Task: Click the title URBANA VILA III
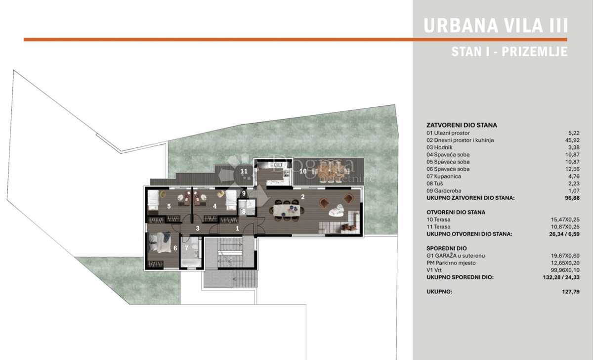tap(496, 26)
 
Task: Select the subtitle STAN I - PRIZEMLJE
tap(509, 51)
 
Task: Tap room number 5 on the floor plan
tap(169, 206)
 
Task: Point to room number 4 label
tap(214, 206)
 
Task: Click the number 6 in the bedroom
tap(175, 248)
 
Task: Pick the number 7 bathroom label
tap(187, 248)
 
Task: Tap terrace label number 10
tap(303, 171)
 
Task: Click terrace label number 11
tap(244, 172)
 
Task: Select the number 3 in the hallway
tap(198, 228)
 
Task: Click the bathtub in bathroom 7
tap(191, 263)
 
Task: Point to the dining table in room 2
tap(287, 210)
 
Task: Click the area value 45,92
tap(572, 140)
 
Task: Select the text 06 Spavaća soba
tap(448, 169)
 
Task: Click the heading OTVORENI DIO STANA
tap(456, 212)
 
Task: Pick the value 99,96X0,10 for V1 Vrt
tap(565, 270)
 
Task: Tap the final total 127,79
tap(571, 292)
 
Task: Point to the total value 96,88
tap(572, 198)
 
